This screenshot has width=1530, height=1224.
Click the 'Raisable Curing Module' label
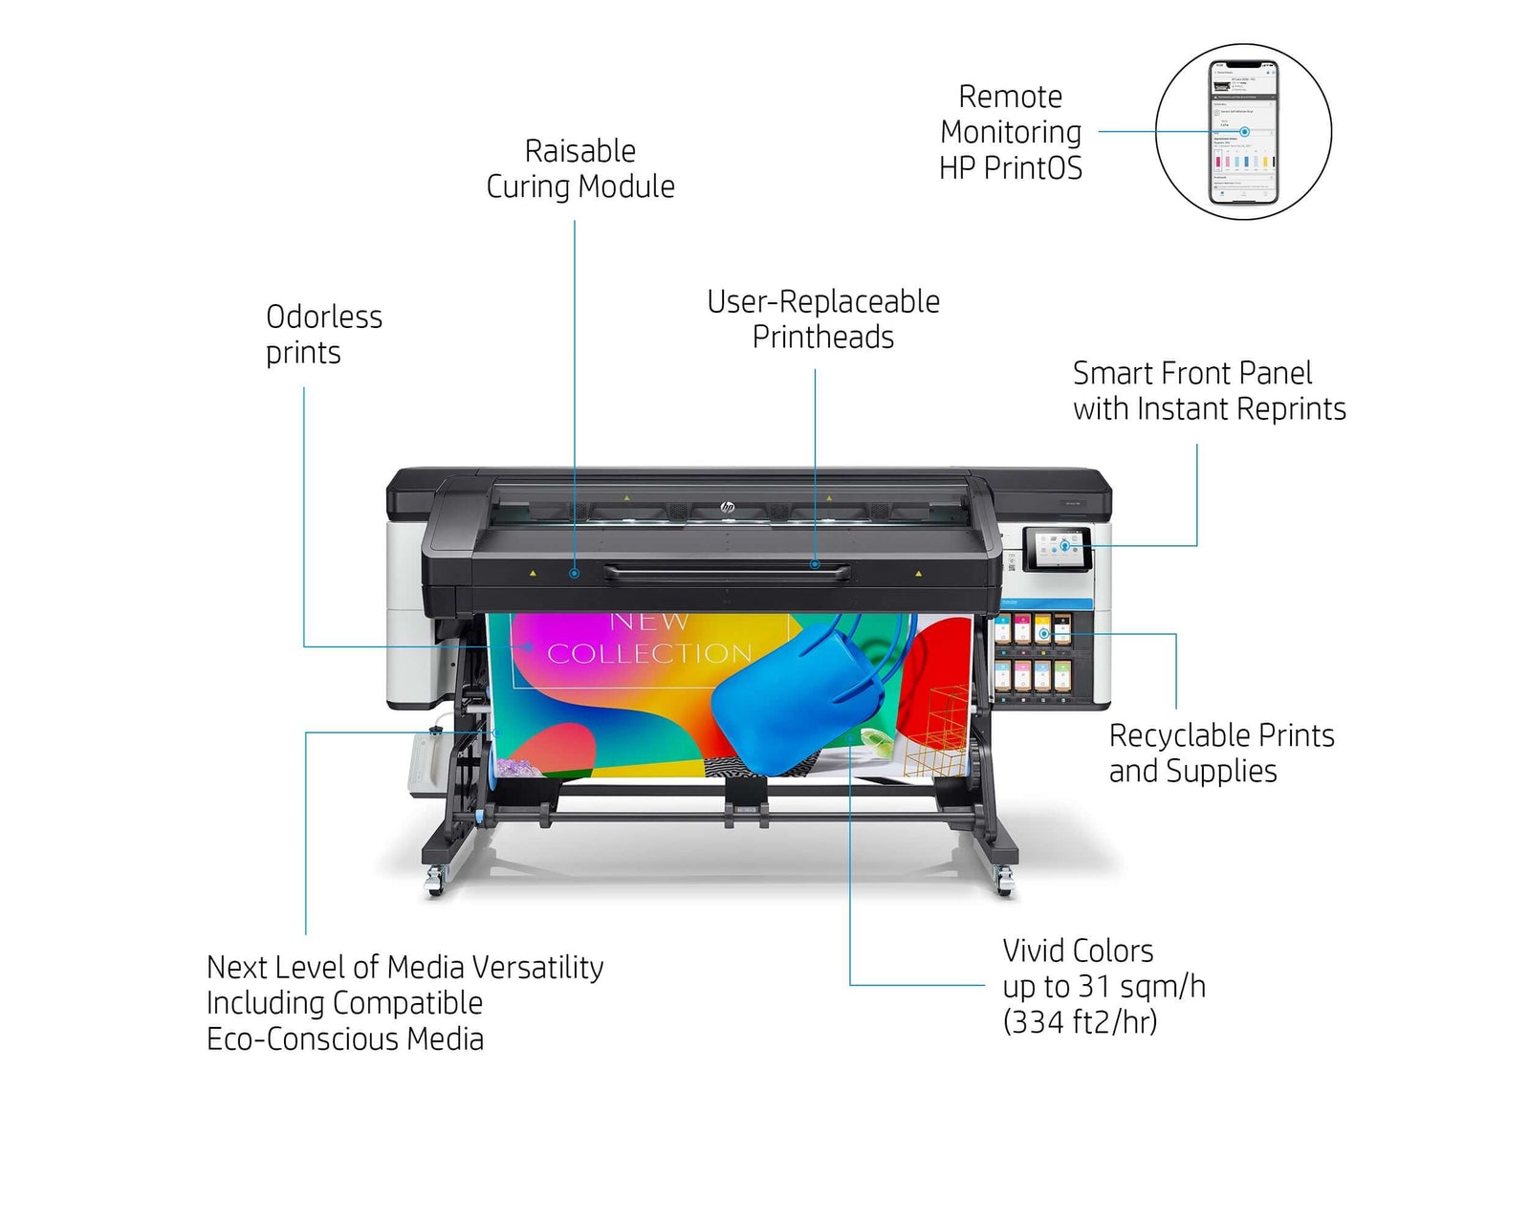click(579, 168)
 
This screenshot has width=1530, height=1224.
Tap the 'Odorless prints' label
click(323, 334)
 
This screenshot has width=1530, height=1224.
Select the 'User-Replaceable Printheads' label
click(822, 318)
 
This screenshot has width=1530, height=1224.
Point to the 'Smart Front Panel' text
click(1191, 373)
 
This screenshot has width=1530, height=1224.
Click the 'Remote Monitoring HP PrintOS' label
click(1011, 132)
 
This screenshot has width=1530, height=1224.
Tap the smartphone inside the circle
click(1243, 132)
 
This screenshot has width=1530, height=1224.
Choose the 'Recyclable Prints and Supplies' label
click(1220, 753)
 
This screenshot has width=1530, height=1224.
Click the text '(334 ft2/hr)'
click(1080, 1022)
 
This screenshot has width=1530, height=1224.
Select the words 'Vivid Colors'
click(1078, 951)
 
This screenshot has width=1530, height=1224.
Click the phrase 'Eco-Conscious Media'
click(345, 1039)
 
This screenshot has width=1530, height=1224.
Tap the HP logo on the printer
click(727, 507)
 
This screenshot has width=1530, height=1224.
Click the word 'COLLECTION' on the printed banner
click(649, 654)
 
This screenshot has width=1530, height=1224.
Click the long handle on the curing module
click(727, 573)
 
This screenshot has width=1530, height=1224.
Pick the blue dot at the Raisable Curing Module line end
click(574, 574)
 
